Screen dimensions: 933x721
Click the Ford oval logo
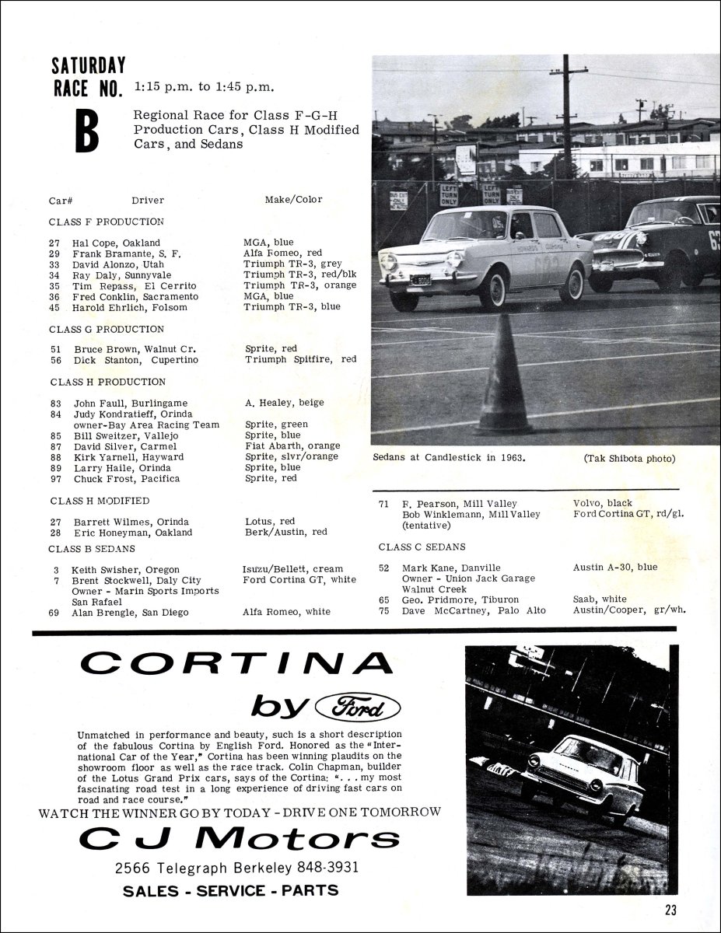click(358, 707)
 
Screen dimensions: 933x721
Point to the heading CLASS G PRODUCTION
click(108, 330)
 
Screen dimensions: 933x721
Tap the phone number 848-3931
click(326, 866)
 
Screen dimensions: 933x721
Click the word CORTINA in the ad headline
click(236, 664)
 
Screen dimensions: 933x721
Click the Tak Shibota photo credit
click(629, 458)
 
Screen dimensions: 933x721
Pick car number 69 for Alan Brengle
click(54, 613)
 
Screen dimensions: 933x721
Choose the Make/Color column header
click(293, 200)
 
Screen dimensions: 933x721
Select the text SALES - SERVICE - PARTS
click(231, 890)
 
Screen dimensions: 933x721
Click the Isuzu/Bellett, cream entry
click(292, 569)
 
